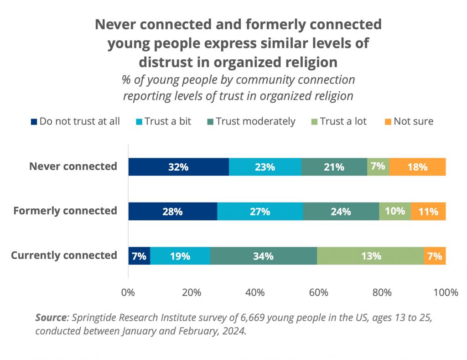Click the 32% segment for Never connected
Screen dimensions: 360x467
pos(178,167)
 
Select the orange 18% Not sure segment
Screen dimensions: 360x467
pos(417,167)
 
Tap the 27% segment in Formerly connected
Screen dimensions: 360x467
pos(260,211)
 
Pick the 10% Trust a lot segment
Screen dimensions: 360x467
pos(395,211)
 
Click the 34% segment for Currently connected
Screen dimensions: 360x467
pos(264,256)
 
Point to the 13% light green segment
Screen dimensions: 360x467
pos(370,256)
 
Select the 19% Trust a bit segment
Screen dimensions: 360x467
pos(180,256)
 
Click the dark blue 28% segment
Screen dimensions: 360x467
pos(172,211)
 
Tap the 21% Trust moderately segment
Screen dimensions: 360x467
pos(334,167)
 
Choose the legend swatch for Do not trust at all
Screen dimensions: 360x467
pos(34,122)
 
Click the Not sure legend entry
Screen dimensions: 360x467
pos(413,121)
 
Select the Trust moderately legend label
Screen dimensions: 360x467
pos(255,121)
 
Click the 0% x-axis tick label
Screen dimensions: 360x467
pos(128,292)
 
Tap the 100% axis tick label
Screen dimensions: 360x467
pos(445,292)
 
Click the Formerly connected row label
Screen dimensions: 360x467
pos(65,211)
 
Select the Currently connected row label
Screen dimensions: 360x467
pos(64,255)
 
